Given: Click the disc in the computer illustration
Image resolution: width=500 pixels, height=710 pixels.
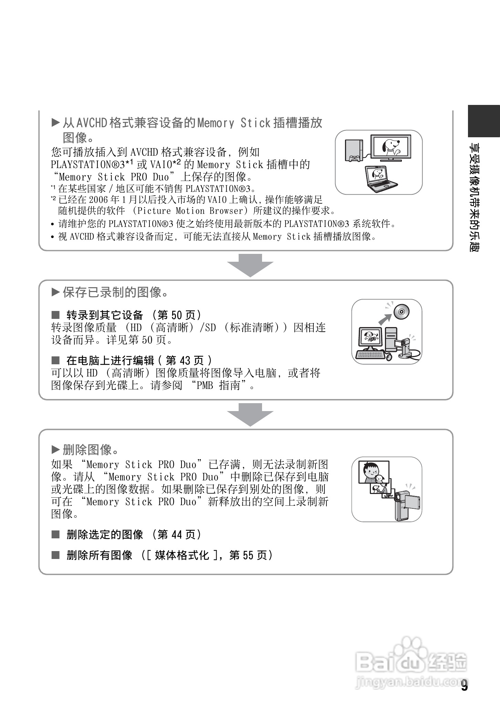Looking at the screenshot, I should click(401, 312).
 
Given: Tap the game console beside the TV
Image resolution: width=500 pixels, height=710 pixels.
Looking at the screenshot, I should click(354, 150).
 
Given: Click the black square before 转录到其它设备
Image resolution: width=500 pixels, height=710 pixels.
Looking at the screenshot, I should click(55, 315).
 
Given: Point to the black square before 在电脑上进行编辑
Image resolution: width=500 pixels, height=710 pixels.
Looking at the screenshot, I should click(55, 360).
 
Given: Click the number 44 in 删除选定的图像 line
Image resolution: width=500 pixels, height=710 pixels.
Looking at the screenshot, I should click(176, 535).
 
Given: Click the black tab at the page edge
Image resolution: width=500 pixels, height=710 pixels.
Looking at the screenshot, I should click(483, 121).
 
